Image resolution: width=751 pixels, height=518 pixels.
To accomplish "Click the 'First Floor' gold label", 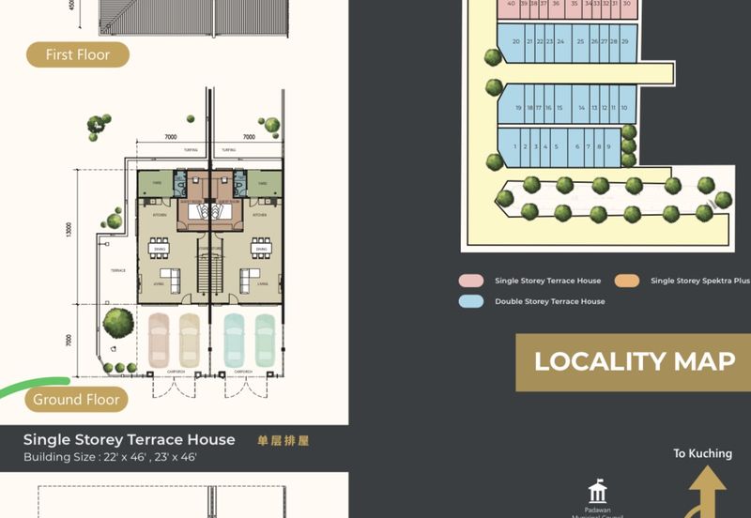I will (x=78, y=54).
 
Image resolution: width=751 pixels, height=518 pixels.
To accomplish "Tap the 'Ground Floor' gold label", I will (x=76, y=400).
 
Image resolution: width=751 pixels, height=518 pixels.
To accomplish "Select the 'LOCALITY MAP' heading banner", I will (x=635, y=361).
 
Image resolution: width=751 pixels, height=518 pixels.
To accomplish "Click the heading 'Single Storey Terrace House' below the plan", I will (x=129, y=439).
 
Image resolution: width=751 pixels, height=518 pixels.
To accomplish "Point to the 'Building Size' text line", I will (x=110, y=457).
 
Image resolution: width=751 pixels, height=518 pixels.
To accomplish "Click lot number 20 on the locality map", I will (x=516, y=42).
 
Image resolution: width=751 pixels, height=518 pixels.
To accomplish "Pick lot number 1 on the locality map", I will (x=515, y=146).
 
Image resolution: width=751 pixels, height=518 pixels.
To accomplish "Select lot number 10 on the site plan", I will (x=623, y=108).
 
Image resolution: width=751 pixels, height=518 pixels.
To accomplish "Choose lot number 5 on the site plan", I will (x=556, y=146).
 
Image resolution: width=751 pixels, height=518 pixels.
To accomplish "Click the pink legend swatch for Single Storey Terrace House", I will (x=471, y=281).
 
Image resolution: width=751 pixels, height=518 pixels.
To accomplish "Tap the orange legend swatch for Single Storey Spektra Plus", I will (x=627, y=281).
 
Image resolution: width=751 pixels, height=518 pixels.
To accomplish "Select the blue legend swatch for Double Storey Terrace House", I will (x=471, y=301).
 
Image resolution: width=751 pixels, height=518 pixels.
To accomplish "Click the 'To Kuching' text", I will (x=702, y=454).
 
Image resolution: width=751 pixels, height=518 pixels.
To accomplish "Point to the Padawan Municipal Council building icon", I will (x=597, y=493).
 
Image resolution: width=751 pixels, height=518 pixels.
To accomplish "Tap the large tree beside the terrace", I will (x=117, y=322).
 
